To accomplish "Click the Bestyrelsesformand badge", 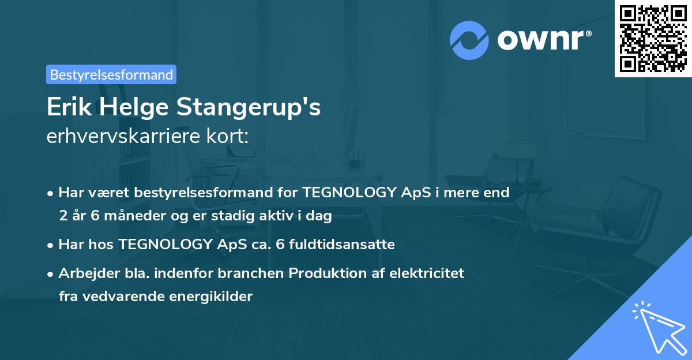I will [111, 74].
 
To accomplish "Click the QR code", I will [653, 38].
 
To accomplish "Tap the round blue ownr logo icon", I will [469, 40].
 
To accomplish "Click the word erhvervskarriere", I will [121, 136].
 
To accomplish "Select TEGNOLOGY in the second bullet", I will [165, 245].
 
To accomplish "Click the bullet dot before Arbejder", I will [51, 273].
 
